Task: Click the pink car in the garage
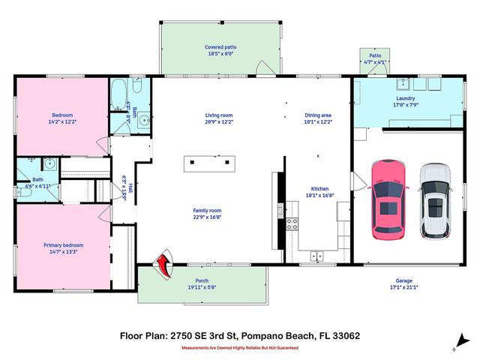click(388, 198)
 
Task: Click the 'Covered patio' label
click(220, 46)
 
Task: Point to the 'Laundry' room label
click(406, 98)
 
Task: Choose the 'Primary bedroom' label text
click(63, 245)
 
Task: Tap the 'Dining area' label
click(318, 115)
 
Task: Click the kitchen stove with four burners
click(292, 223)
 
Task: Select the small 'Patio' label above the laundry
click(375, 55)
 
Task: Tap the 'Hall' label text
click(130, 189)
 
